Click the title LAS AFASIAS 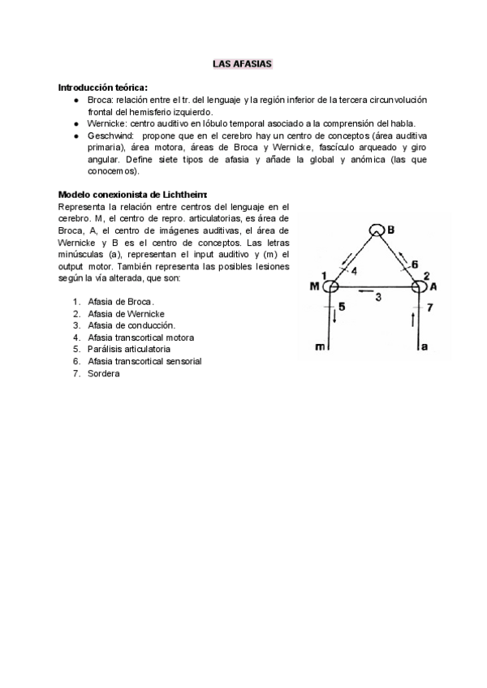click(x=243, y=62)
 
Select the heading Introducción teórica click(x=102, y=87)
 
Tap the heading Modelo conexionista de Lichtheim click(x=133, y=195)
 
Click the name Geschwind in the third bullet click(x=109, y=135)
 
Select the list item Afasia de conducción click(x=131, y=325)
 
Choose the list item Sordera click(x=103, y=373)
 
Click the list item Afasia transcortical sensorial click(x=144, y=361)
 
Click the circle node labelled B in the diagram click(x=376, y=230)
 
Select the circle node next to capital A click(x=420, y=286)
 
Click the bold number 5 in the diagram click(x=341, y=307)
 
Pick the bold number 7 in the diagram click(x=430, y=307)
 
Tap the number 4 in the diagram click(x=353, y=270)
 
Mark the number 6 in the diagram click(x=414, y=264)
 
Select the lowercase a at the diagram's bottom click(x=423, y=347)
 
